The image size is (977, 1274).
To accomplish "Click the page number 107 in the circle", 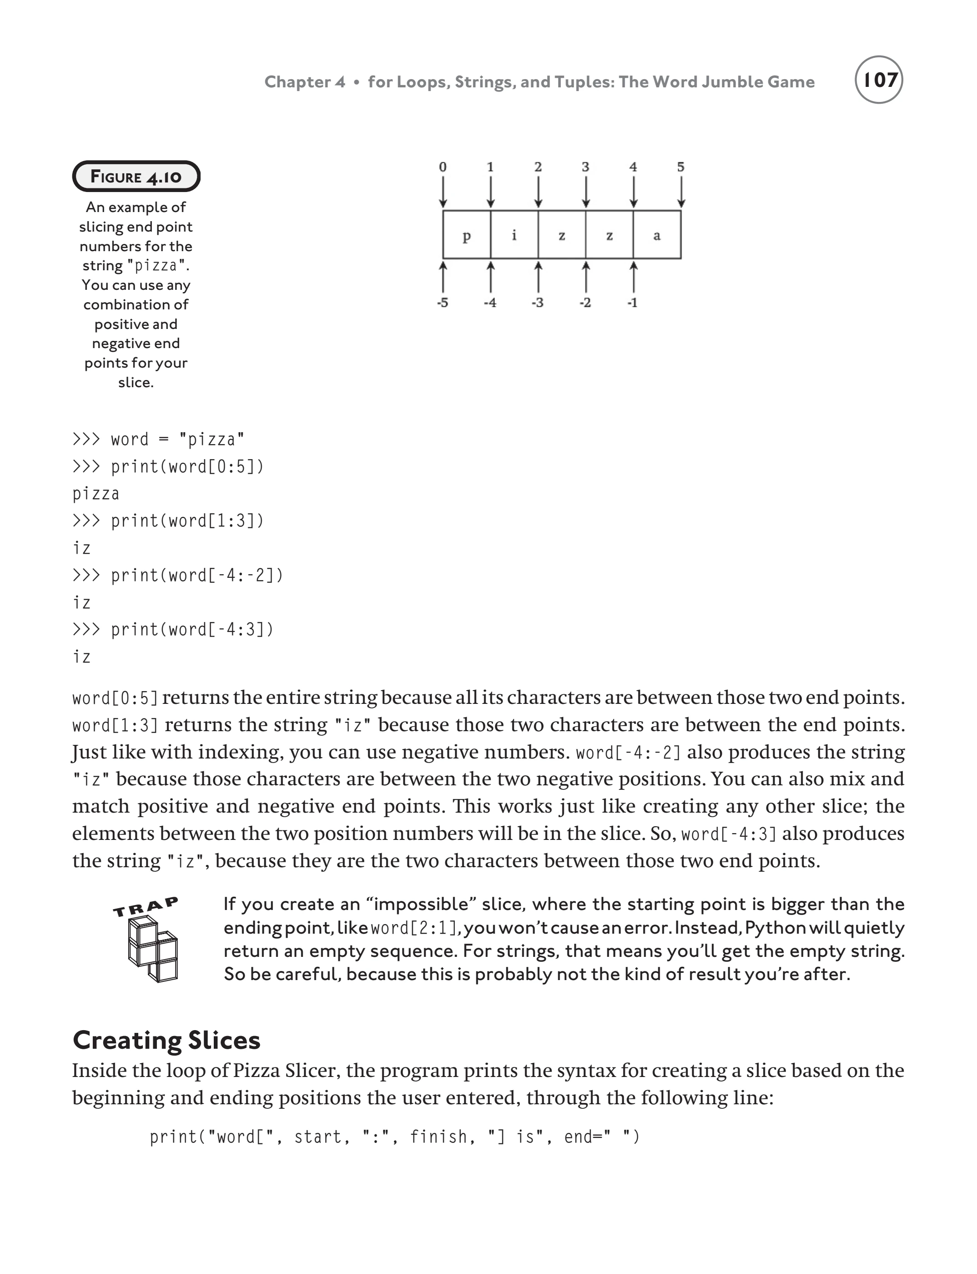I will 879,80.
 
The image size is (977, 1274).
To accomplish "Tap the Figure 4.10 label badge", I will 136,176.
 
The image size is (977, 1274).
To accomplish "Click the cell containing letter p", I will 466,235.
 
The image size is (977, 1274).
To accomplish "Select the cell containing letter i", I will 514,235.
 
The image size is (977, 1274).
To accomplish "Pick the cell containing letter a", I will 657,235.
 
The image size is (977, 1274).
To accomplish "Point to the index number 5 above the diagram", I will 680,167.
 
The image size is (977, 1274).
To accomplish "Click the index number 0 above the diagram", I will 443,167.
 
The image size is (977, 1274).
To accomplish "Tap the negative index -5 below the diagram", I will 443,303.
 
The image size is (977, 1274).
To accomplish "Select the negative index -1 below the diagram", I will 633,303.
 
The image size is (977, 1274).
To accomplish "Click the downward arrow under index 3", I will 586,192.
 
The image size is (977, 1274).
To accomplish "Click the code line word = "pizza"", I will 158,439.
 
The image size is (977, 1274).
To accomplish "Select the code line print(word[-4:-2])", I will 177,575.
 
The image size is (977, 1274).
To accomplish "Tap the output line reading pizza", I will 96,494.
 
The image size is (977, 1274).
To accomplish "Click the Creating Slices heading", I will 166,1040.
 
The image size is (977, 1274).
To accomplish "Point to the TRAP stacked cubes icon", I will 152,950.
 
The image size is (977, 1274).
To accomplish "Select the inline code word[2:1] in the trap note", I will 413,928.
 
